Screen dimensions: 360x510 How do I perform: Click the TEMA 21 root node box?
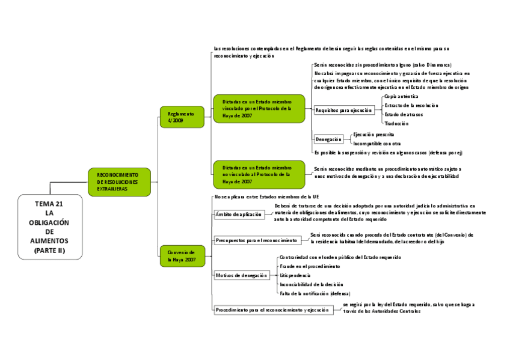[50, 227]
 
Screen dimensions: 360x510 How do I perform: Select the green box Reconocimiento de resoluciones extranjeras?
[119, 182]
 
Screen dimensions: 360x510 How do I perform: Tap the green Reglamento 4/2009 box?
[182, 117]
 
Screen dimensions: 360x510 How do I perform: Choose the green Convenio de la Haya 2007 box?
[182, 256]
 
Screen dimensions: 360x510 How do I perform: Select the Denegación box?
[328, 139]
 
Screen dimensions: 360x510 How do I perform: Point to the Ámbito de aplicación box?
[239, 214]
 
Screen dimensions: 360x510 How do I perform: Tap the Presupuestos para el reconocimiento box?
[257, 240]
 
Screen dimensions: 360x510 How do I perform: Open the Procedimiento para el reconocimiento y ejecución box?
[272, 310]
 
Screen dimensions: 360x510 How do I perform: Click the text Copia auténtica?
[401, 97]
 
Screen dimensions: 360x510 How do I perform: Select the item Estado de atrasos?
[404, 114]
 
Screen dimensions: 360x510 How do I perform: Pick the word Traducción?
[397, 123]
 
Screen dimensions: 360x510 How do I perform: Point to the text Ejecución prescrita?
[373, 135]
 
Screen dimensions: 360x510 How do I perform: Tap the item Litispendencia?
[295, 275]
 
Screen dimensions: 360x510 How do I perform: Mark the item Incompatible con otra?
[376, 144]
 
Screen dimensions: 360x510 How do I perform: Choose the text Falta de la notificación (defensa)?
[315, 293]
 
